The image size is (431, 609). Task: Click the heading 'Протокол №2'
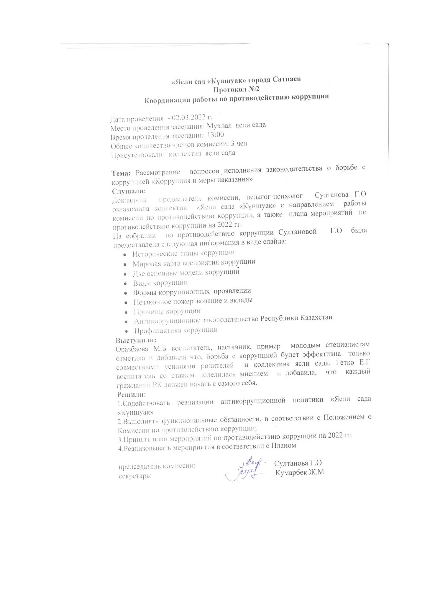click(x=236, y=89)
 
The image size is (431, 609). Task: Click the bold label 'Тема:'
click(x=121, y=173)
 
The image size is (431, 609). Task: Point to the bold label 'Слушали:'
click(x=129, y=191)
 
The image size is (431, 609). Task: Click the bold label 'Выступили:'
click(x=136, y=340)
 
